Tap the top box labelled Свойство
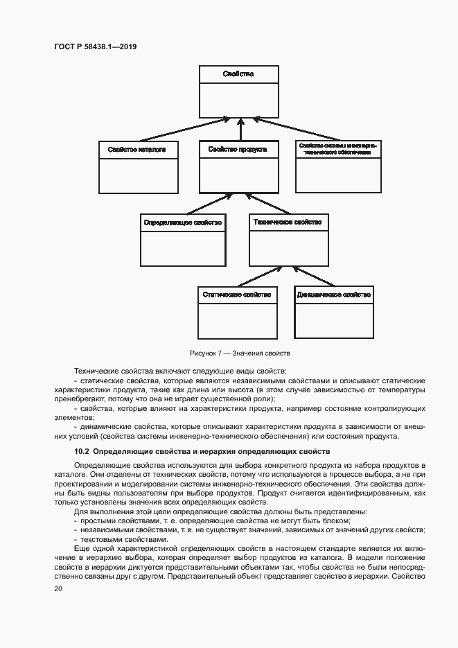(239, 73)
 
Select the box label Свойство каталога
(137, 150)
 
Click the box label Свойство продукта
(239, 150)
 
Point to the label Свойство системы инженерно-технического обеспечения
(337, 149)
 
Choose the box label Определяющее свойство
(183, 222)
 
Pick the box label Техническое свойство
(288, 222)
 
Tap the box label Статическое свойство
(236, 295)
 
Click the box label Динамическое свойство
(333, 295)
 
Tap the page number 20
(58, 589)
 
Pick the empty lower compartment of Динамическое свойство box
(334, 320)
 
